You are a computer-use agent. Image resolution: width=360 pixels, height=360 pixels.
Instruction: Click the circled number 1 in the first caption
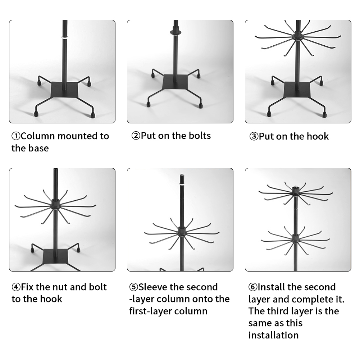coord(16,136)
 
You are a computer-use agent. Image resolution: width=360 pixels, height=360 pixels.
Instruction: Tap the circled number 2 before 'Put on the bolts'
coord(136,136)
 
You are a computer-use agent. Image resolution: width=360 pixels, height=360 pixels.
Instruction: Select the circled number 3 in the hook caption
coord(254,136)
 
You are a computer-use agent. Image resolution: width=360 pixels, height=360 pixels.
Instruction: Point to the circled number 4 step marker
coord(16,287)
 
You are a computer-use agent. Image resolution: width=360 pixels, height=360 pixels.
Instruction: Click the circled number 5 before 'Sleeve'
coord(133,287)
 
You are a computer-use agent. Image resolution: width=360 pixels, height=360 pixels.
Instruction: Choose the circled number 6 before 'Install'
coord(253,287)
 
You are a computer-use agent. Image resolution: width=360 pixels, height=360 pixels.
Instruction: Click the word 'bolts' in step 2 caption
coord(200,136)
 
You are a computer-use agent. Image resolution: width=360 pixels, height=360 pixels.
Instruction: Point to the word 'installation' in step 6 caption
coord(273,335)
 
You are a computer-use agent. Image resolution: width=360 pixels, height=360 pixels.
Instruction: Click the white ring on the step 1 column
coord(65,37)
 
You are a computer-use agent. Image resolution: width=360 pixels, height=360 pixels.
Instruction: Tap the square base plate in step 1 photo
coord(64,90)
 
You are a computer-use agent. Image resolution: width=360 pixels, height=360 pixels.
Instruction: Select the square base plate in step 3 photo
coord(297,90)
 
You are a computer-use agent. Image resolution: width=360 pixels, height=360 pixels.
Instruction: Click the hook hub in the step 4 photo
coord(55,204)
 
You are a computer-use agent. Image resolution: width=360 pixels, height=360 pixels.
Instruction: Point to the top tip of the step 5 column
coord(182,175)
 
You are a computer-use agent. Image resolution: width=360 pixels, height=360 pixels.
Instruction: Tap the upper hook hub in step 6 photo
coord(296,191)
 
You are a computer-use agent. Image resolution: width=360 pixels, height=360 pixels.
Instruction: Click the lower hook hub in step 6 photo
coord(296,238)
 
